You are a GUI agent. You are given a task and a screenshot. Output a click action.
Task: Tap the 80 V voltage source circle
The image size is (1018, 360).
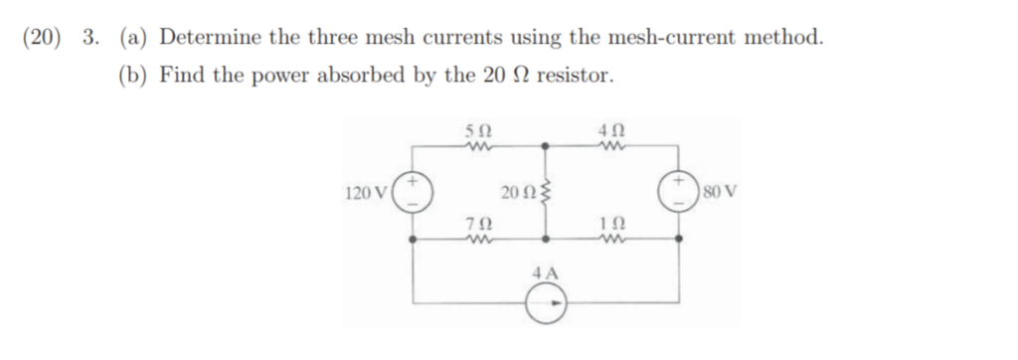pos(681,190)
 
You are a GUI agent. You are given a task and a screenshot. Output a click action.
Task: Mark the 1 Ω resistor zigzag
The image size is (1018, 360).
pos(612,240)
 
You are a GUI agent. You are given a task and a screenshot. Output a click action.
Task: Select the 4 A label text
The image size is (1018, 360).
pos(545,271)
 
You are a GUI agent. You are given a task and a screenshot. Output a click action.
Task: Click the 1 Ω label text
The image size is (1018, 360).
pos(612,226)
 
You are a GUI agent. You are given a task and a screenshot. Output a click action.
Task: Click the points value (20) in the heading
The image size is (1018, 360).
pos(41,38)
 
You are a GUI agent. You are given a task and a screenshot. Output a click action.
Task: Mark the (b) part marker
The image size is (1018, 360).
pos(133,76)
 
